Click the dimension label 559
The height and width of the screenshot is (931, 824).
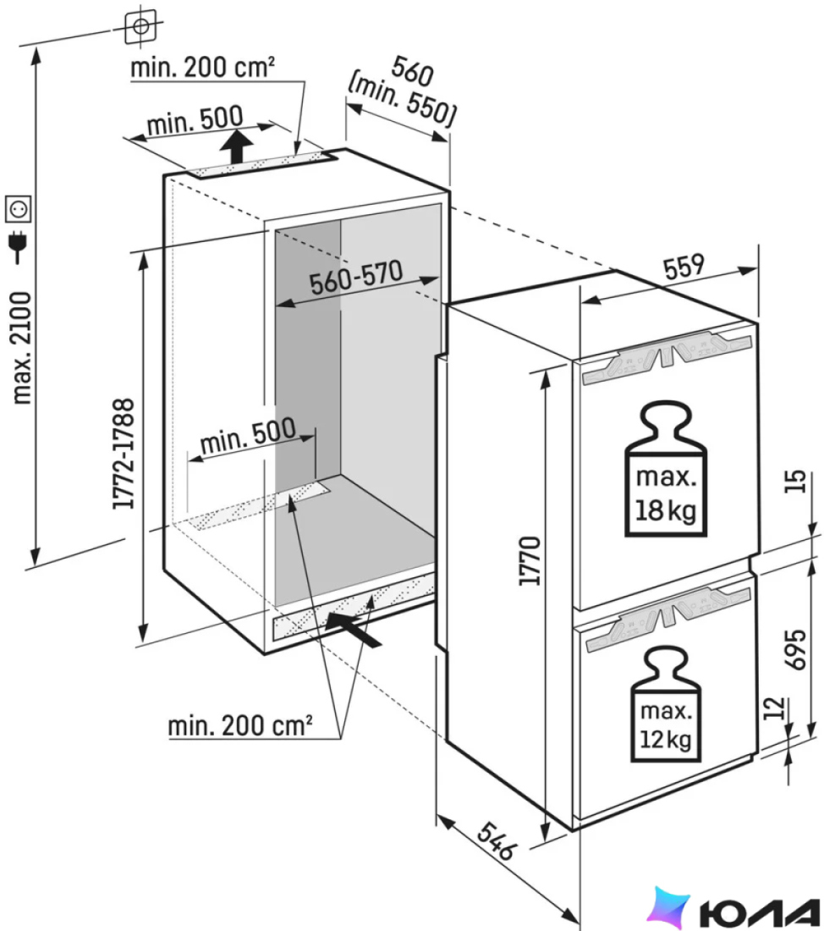click(684, 267)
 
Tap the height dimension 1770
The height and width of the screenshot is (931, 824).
click(530, 561)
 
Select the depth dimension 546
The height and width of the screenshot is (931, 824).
click(496, 840)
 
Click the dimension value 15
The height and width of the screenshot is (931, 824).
click(797, 481)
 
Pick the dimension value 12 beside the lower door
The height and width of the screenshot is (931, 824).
click(773, 708)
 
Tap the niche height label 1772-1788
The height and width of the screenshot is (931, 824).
click(124, 454)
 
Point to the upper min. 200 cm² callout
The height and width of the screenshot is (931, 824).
click(202, 67)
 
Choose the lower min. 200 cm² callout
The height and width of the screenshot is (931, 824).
click(240, 725)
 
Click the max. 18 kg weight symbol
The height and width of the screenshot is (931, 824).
click(666, 469)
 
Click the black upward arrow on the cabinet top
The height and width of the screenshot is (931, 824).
click(236, 147)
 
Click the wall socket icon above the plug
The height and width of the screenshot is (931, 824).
click(18, 208)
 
